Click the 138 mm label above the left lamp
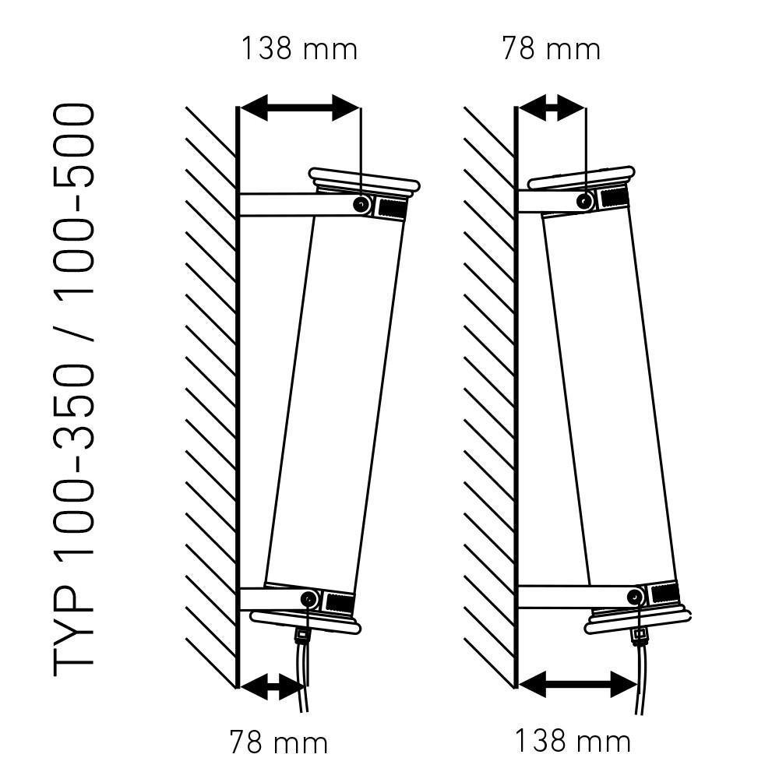coord(299,48)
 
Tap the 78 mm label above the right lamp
coord(551,48)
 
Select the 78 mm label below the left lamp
coord(279,742)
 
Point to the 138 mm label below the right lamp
coord(573,741)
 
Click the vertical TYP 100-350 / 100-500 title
coord(73,389)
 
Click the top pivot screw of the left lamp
coord(361,203)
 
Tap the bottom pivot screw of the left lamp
coord(309,599)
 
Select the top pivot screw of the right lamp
coord(585,201)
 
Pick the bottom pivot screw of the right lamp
coord(636,596)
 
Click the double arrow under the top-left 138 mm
coord(300,108)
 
